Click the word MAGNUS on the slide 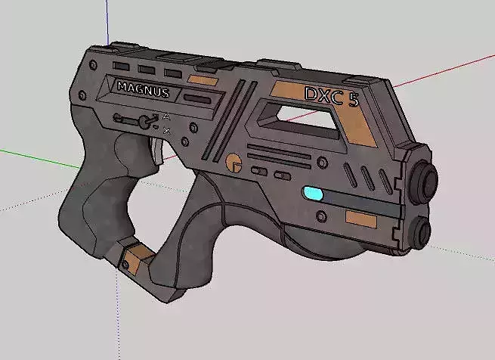(x=143, y=88)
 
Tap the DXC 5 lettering (x=330, y=96)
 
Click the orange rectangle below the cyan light (x=360, y=219)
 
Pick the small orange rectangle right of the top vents (x=202, y=79)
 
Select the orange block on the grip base (x=137, y=255)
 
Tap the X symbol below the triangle (x=166, y=131)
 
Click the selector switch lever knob (x=142, y=123)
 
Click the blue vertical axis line (x=109, y=19)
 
